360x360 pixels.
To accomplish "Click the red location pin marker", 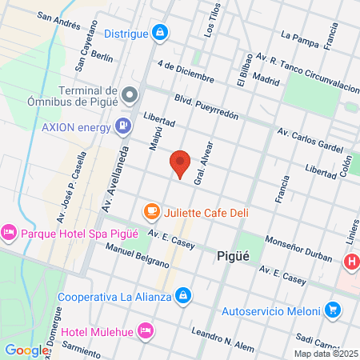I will coord(180,164).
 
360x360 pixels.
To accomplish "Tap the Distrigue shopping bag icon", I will coord(160,33).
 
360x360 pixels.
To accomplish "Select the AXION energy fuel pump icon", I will coord(122,125).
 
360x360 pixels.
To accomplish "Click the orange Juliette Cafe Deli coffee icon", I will coord(150,212).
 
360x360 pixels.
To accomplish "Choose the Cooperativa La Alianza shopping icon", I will coord(184,296).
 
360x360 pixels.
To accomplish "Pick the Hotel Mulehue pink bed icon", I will coord(145,330).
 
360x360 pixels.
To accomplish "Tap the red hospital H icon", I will coord(350,261).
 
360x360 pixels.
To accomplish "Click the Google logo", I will coord(26,350).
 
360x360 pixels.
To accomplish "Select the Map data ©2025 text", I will coord(325,353).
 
